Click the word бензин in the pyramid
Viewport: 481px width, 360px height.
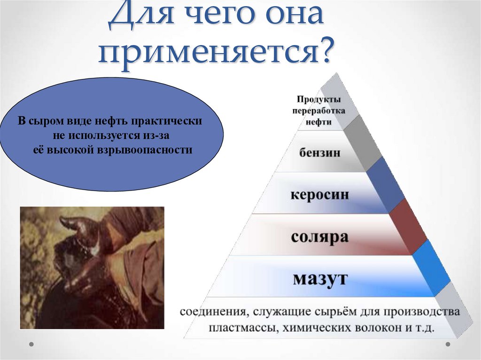coord(319,153)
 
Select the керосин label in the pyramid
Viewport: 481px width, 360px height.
coord(319,194)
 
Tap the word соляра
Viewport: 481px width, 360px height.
coord(319,237)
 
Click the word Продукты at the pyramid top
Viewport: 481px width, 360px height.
coord(318,100)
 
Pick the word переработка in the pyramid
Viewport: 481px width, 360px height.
coord(318,111)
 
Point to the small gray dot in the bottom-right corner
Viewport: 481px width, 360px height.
coord(448,344)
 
